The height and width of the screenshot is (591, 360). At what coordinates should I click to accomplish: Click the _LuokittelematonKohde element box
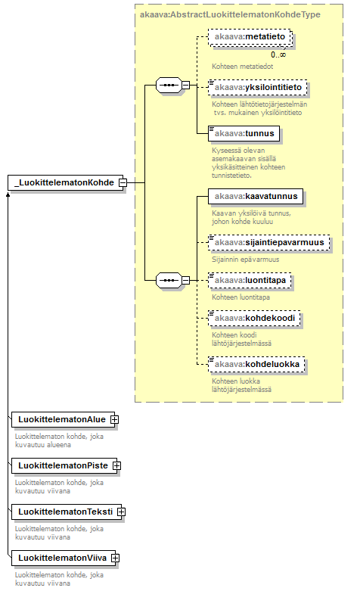[65, 183]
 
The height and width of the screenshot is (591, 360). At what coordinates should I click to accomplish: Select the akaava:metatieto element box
[250, 37]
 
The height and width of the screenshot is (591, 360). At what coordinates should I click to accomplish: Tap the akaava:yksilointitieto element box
[258, 88]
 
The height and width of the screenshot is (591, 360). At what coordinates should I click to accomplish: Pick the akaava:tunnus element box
[244, 133]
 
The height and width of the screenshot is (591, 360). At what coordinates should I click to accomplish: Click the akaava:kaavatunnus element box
[256, 197]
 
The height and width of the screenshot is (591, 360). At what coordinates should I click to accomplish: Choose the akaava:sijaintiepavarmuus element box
[269, 243]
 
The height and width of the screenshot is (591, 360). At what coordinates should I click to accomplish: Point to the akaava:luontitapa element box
[250, 281]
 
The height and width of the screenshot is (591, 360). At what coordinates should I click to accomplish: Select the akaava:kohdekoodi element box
[254, 318]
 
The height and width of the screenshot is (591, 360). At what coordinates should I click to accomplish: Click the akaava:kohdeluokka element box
[256, 365]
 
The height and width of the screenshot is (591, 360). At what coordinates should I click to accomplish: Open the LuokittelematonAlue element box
[63, 419]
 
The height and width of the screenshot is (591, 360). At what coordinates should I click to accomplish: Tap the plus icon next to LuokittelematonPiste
[116, 466]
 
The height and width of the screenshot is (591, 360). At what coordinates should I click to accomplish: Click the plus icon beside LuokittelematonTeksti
[121, 512]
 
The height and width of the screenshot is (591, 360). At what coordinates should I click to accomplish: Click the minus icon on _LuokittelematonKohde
[123, 183]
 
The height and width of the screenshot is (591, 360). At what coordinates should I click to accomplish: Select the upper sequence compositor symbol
[169, 86]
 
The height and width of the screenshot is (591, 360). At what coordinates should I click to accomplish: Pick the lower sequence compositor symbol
[169, 281]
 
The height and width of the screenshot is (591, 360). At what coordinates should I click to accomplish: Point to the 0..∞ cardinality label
[278, 54]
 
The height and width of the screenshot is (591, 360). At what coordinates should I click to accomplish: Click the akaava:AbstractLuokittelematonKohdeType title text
[230, 14]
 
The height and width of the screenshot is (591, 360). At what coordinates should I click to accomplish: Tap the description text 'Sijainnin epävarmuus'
[246, 260]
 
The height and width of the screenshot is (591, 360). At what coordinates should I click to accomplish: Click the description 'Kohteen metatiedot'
[243, 67]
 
